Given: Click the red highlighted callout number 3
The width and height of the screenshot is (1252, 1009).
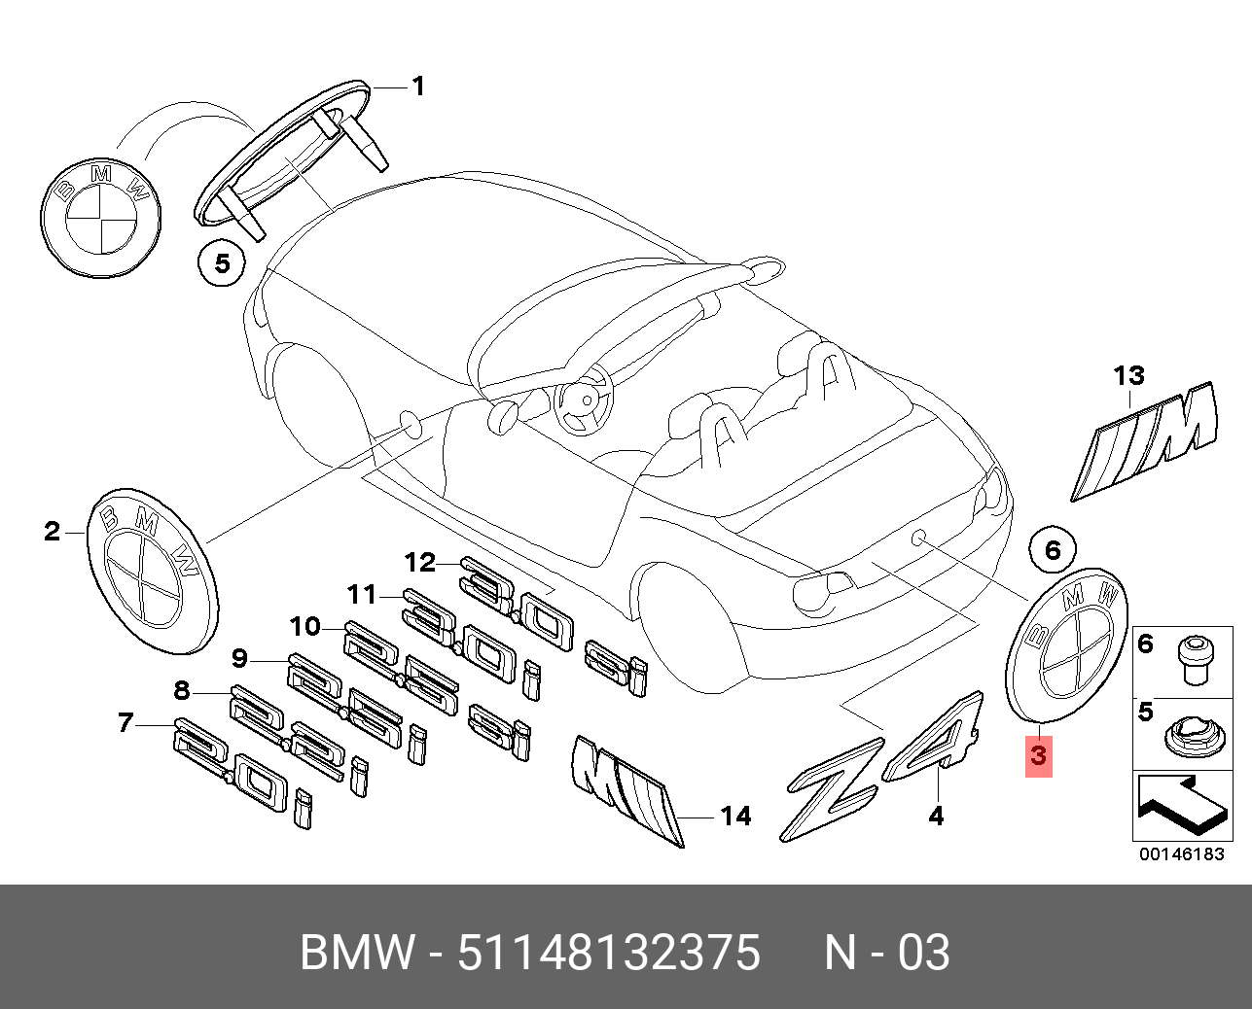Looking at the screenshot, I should click(1039, 754).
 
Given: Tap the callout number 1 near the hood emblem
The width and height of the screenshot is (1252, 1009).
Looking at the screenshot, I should click(417, 87).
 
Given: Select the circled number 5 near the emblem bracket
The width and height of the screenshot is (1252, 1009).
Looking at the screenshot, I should click(223, 262).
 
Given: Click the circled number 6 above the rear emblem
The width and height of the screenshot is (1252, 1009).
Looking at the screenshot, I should click(1054, 551).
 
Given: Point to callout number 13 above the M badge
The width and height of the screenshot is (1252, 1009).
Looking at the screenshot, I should click(1129, 375).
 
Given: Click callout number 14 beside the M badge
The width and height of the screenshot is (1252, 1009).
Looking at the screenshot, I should click(735, 817).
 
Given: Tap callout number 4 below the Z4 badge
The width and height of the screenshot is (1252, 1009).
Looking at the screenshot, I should click(935, 817).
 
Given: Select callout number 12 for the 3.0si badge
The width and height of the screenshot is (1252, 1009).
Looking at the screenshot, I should click(421, 562).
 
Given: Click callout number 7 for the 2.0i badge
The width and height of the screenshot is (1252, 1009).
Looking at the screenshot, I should click(125, 723).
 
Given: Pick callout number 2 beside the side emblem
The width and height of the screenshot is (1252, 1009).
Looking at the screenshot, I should click(52, 531).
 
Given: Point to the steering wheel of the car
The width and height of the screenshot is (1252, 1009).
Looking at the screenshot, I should click(585, 400).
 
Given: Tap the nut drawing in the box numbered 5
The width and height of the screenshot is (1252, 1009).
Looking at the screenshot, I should click(1189, 736).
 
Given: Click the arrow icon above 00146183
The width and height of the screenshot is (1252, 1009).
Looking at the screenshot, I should click(1180, 804).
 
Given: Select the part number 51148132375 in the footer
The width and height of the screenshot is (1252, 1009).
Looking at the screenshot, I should click(608, 953).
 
